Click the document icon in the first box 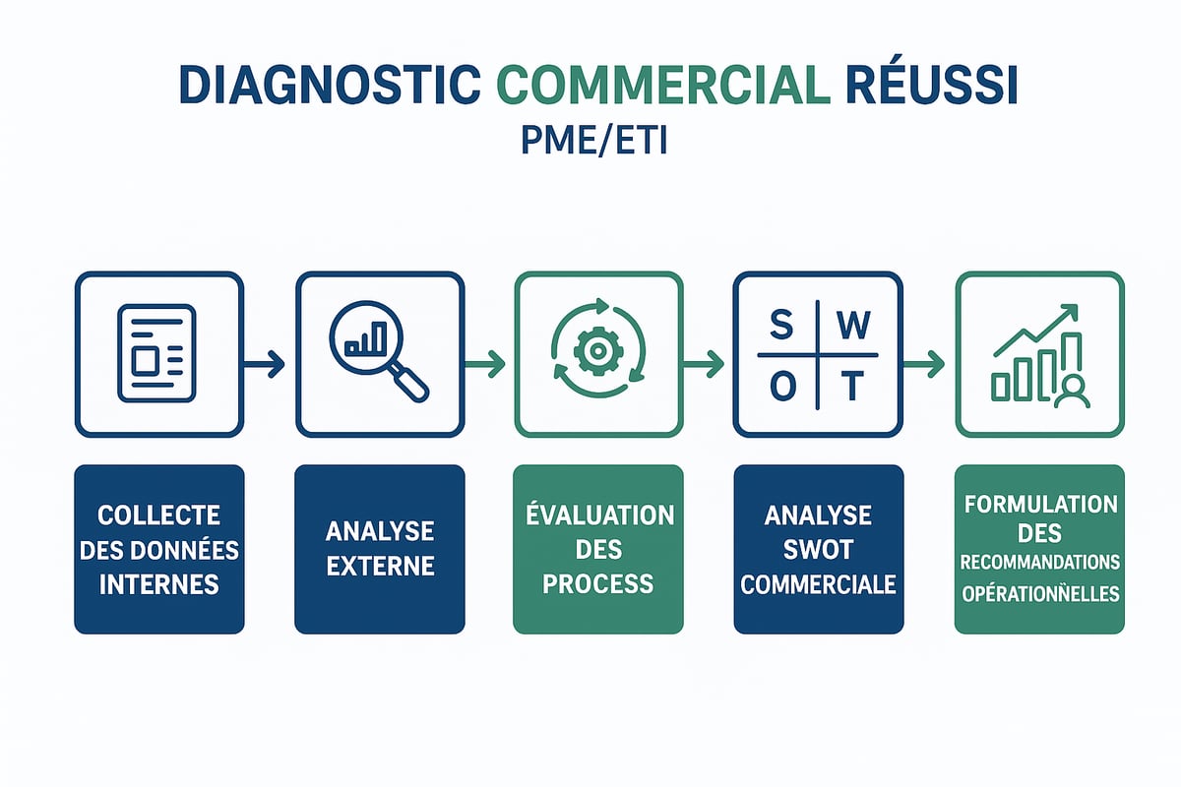[x=156, y=353]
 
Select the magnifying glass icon [x=382, y=355]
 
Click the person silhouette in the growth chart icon [x=1070, y=391]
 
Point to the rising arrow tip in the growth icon [x=1071, y=312]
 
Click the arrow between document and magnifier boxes [x=269, y=365]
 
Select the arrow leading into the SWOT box [x=708, y=365]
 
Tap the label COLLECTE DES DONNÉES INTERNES [x=158, y=549]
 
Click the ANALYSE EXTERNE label [x=379, y=549]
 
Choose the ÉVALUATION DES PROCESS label [x=598, y=549]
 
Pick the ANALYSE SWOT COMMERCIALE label [x=818, y=549]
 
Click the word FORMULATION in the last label [x=1040, y=505]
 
